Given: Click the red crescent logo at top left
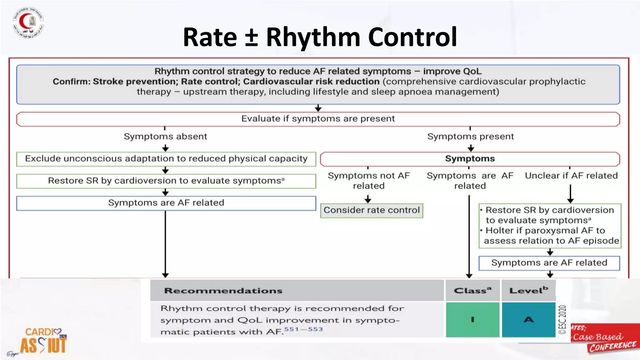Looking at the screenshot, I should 28,22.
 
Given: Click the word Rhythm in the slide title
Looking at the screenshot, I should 313,37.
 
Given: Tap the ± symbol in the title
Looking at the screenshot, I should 251,37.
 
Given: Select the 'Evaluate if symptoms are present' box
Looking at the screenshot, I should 318,119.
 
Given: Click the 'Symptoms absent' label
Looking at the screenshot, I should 165,137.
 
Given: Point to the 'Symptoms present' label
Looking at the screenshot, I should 470,137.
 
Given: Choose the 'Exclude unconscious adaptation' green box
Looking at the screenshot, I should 166,159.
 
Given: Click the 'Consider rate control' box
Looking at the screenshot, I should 372,210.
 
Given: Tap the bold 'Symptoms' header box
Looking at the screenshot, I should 470,159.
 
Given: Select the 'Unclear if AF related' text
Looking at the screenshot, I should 571,176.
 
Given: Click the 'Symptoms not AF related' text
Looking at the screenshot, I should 368,181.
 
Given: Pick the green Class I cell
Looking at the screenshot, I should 472,319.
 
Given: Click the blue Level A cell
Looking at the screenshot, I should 528,319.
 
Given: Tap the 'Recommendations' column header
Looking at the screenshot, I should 223,291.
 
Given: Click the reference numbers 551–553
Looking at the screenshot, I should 303,329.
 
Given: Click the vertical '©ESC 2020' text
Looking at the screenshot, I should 562,319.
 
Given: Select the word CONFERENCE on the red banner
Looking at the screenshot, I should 612,346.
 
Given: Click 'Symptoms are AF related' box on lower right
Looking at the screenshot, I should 549,263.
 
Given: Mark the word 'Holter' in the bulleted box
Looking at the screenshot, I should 499,231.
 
